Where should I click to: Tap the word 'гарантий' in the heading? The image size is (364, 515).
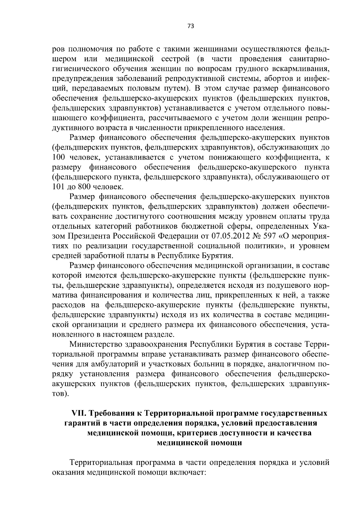81,423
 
